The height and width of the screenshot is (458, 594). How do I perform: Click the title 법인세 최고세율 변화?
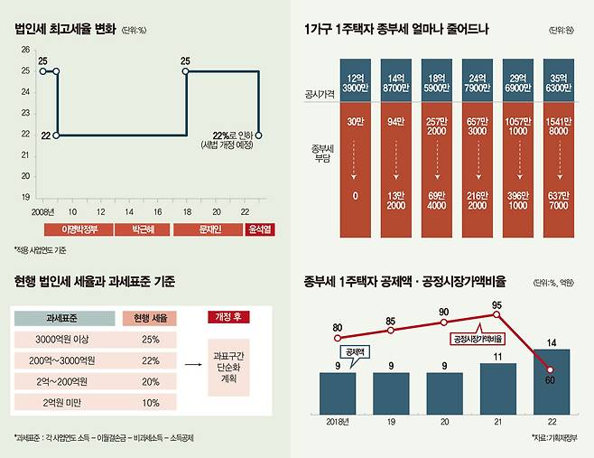[66, 29]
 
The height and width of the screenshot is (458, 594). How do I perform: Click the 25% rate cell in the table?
[150, 340]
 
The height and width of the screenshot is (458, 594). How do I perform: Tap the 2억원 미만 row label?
[63, 401]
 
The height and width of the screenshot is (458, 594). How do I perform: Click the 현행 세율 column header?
[149, 318]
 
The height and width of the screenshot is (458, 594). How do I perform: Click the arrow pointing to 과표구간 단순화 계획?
[190, 364]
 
